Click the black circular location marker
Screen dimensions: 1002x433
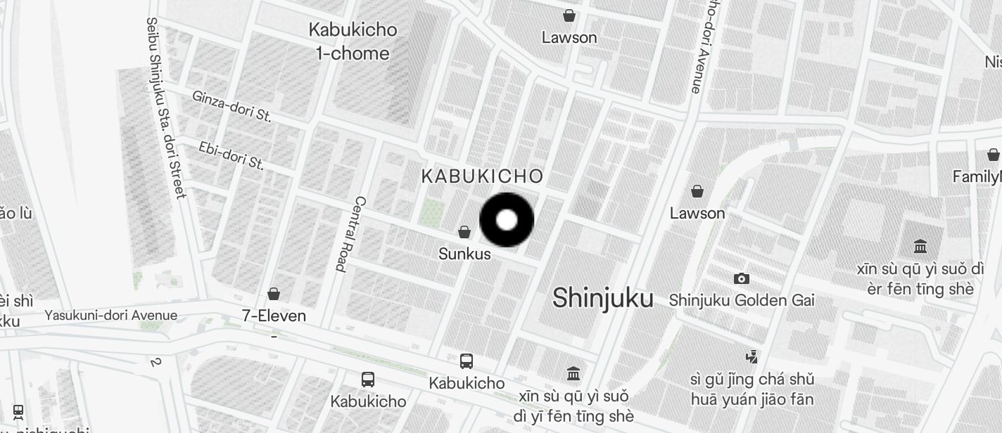coord(507,220)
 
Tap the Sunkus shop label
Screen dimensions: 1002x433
coord(464,254)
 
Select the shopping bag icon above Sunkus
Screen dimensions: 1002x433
coord(464,232)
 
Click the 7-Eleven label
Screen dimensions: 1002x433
coord(274,316)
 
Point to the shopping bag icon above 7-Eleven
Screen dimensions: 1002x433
coord(274,294)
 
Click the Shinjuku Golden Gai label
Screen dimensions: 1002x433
coord(742,300)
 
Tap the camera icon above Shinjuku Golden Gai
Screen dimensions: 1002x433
coord(741,279)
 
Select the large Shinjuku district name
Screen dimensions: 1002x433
coord(602,298)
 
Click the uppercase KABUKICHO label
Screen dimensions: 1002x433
coord(483,176)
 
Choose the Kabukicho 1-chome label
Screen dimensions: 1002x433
coord(353,41)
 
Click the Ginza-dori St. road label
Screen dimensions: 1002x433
coord(232,106)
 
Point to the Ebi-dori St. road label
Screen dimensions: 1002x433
coord(231,156)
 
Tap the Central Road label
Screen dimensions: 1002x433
coord(350,234)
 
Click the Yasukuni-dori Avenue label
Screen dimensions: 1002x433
coord(111,315)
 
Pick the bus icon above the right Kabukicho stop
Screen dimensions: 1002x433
coord(466,361)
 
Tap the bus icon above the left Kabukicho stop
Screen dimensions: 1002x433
coord(367,380)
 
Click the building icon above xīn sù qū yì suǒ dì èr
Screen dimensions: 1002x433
coord(920,247)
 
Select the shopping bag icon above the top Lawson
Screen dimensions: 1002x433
coord(569,15)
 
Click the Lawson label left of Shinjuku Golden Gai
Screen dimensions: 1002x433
coord(697,213)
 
